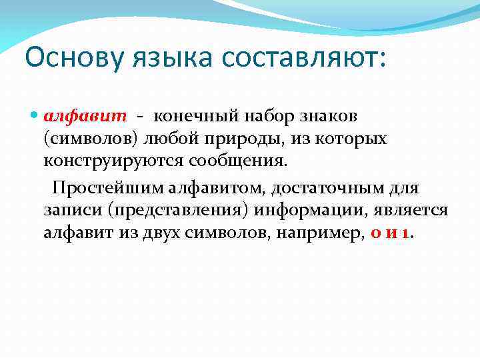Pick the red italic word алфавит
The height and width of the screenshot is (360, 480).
[85, 116]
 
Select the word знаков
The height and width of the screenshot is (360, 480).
[327, 116]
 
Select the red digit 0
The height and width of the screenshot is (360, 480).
[374, 234]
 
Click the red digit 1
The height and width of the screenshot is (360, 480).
[406, 234]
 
